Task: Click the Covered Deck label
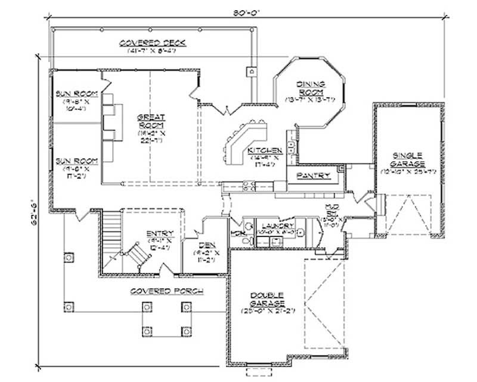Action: (x=153, y=43)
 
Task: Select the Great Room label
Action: (x=147, y=122)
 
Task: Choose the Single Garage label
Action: (x=408, y=159)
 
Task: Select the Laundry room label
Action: (x=277, y=226)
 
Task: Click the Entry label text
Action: (x=160, y=233)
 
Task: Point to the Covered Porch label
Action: (x=165, y=291)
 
